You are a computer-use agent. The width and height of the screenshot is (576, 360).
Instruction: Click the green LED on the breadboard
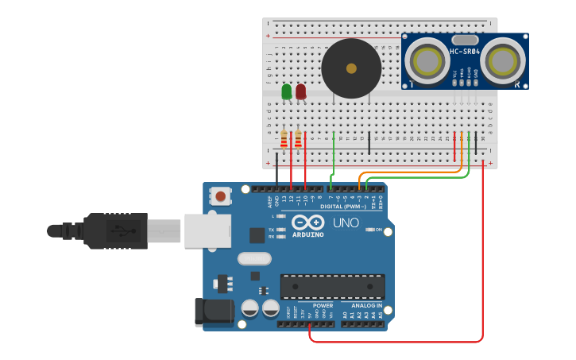click(287, 91)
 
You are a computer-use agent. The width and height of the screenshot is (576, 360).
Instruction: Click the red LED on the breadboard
click(300, 91)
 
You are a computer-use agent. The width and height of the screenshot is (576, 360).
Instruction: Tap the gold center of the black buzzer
click(351, 68)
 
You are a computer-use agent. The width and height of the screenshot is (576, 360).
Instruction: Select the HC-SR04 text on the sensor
click(465, 52)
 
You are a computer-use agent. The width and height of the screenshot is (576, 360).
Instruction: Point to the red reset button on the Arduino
click(221, 195)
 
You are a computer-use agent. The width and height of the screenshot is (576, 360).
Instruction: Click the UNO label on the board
click(346, 223)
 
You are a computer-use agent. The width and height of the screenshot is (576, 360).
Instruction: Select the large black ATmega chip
click(332, 286)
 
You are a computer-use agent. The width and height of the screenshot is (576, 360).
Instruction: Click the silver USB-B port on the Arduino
click(207, 230)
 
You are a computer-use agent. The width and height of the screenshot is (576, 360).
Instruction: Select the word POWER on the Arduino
click(323, 305)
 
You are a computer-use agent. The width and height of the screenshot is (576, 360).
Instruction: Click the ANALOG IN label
click(361, 305)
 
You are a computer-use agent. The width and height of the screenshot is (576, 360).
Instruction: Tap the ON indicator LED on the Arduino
click(370, 230)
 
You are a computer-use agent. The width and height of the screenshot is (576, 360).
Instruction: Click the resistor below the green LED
click(284, 140)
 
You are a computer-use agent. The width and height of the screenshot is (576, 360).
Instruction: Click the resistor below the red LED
click(298, 140)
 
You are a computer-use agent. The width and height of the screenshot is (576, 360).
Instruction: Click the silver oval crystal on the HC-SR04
click(465, 39)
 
